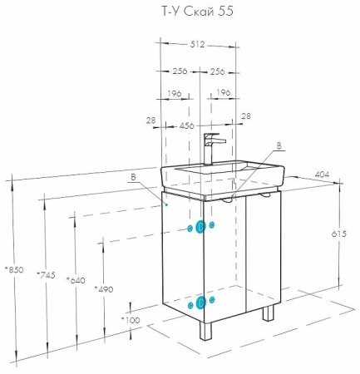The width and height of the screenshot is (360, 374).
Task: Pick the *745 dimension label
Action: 47,275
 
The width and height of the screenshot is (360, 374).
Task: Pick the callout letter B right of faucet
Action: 279,144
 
